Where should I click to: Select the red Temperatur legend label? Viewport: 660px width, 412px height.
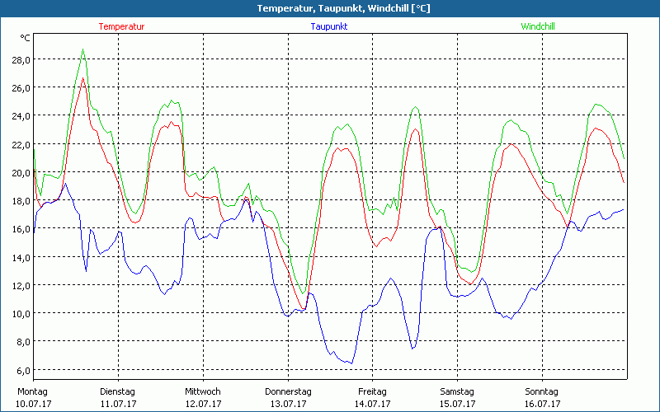[x=121, y=26]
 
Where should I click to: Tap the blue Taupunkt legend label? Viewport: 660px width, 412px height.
[x=329, y=26]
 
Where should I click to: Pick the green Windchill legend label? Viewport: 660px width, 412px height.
[x=537, y=26]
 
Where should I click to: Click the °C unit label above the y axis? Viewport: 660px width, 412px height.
[x=26, y=38]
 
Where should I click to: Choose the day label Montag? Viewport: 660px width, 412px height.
[x=32, y=391]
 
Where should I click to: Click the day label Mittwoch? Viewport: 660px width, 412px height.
[x=203, y=391]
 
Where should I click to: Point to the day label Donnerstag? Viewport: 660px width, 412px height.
[x=288, y=391]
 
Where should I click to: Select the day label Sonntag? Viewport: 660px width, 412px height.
[x=542, y=391]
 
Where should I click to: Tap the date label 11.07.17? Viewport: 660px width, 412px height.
[x=117, y=404]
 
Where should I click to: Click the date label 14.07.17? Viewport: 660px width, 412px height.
[x=372, y=404]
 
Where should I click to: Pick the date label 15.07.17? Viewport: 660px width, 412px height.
[x=457, y=404]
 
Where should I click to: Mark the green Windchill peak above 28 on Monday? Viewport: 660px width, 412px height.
[x=83, y=49]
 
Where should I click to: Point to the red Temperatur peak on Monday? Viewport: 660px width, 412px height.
[x=83, y=78]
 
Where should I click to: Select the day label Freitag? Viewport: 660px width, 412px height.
[x=372, y=391]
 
